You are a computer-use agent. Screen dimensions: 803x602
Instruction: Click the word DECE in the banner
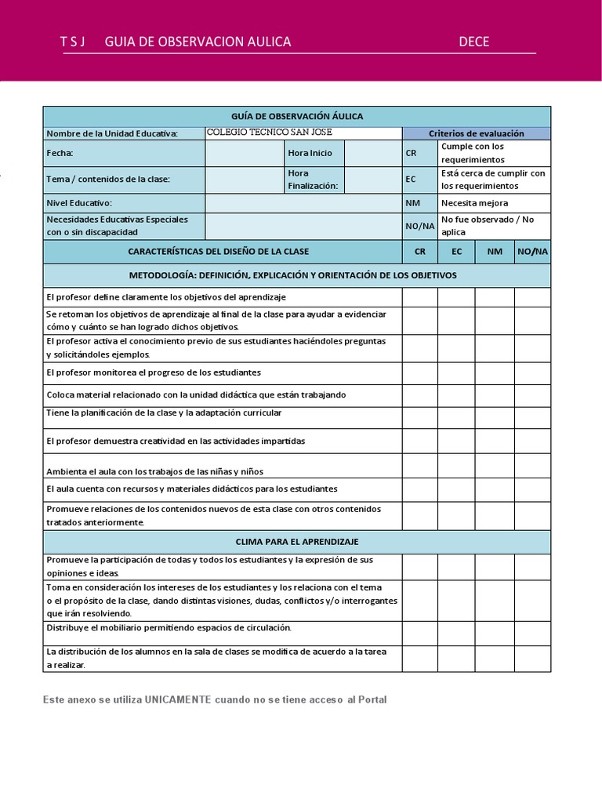click(473, 42)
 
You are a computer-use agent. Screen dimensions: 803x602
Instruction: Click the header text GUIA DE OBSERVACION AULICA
click(198, 42)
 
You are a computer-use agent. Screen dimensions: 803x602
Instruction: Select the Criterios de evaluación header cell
click(476, 133)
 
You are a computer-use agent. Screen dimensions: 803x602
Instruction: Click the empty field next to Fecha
click(244, 153)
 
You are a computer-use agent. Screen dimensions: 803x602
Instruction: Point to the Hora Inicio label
click(310, 153)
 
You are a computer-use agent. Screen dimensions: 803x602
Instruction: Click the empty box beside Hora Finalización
click(372, 180)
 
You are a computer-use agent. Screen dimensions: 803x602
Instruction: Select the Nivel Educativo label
click(79, 203)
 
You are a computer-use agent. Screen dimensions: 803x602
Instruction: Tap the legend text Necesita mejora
click(474, 203)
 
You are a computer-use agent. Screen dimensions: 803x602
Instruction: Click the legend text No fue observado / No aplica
click(487, 226)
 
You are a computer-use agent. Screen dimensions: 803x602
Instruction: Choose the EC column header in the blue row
click(456, 252)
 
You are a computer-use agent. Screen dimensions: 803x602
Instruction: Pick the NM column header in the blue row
click(495, 252)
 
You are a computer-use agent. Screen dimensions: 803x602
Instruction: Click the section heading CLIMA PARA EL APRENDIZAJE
click(297, 542)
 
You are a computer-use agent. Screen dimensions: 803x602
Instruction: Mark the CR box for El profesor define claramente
click(420, 297)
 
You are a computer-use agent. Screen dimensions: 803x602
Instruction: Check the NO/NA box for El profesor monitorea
click(532, 372)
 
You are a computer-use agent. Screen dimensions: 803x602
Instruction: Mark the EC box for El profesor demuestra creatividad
click(456, 441)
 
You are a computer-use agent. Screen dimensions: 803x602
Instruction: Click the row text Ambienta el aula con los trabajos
click(154, 471)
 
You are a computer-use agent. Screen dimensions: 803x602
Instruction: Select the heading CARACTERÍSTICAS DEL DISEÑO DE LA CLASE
click(218, 252)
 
